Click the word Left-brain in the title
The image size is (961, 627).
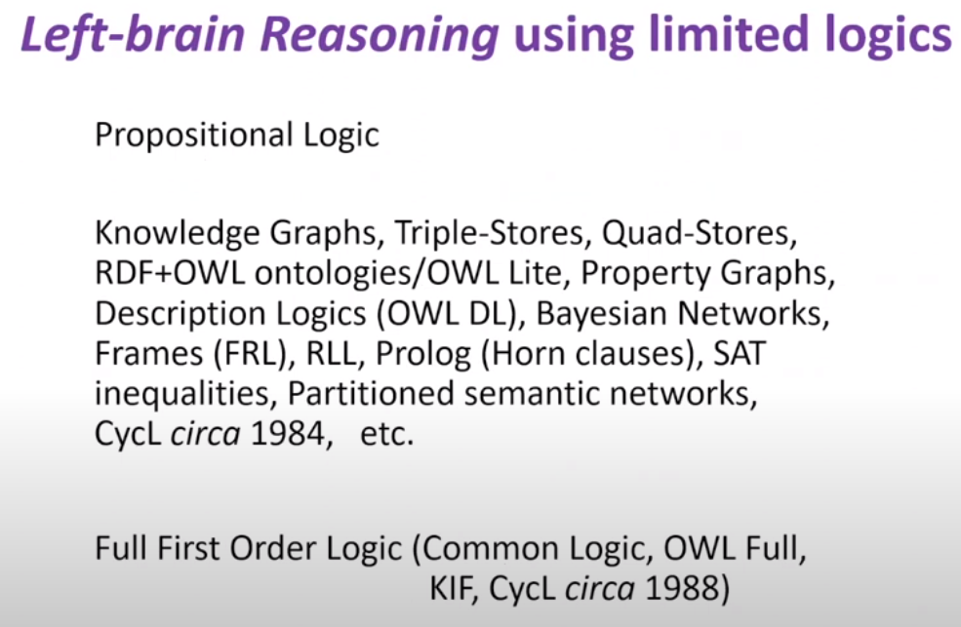tap(133, 34)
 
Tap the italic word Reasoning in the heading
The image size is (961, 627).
tap(380, 35)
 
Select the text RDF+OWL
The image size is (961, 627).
tap(170, 273)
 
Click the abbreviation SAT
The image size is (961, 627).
tap(740, 353)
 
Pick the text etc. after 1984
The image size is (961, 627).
tap(387, 434)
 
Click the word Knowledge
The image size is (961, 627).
tap(178, 233)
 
